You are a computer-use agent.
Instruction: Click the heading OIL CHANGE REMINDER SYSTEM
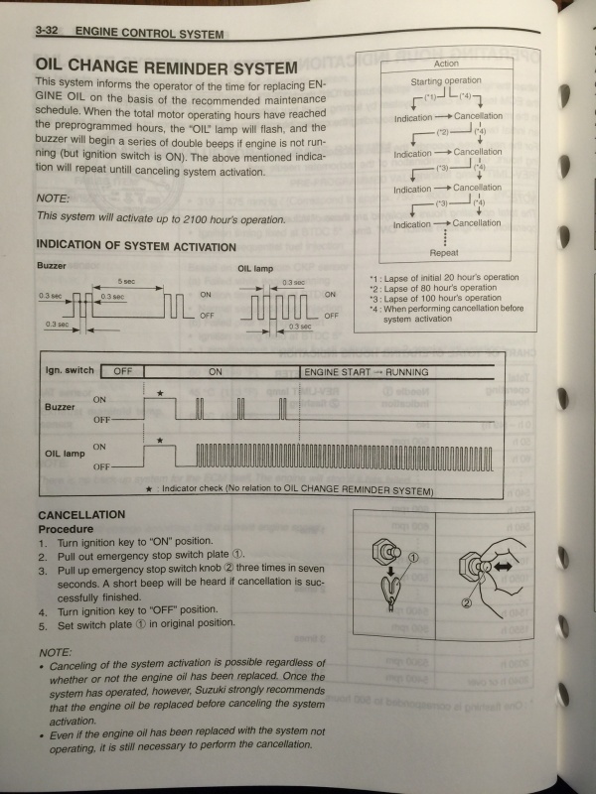(166, 67)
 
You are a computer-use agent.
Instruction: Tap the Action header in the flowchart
(446, 64)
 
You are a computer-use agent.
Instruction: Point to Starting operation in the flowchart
(446, 80)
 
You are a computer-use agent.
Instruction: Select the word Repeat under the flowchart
(444, 253)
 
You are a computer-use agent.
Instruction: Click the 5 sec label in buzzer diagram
(126, 282)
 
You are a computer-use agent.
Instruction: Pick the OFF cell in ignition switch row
(123, 371)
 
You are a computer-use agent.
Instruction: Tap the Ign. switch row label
(70, 371)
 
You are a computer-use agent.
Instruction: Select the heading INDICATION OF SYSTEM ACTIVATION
(136, 246)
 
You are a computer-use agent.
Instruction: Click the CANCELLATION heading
(81, 515)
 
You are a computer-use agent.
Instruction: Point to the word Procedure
(66, 529)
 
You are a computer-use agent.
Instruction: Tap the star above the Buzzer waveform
(159, 394)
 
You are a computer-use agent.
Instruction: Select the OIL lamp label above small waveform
(255, 267)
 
